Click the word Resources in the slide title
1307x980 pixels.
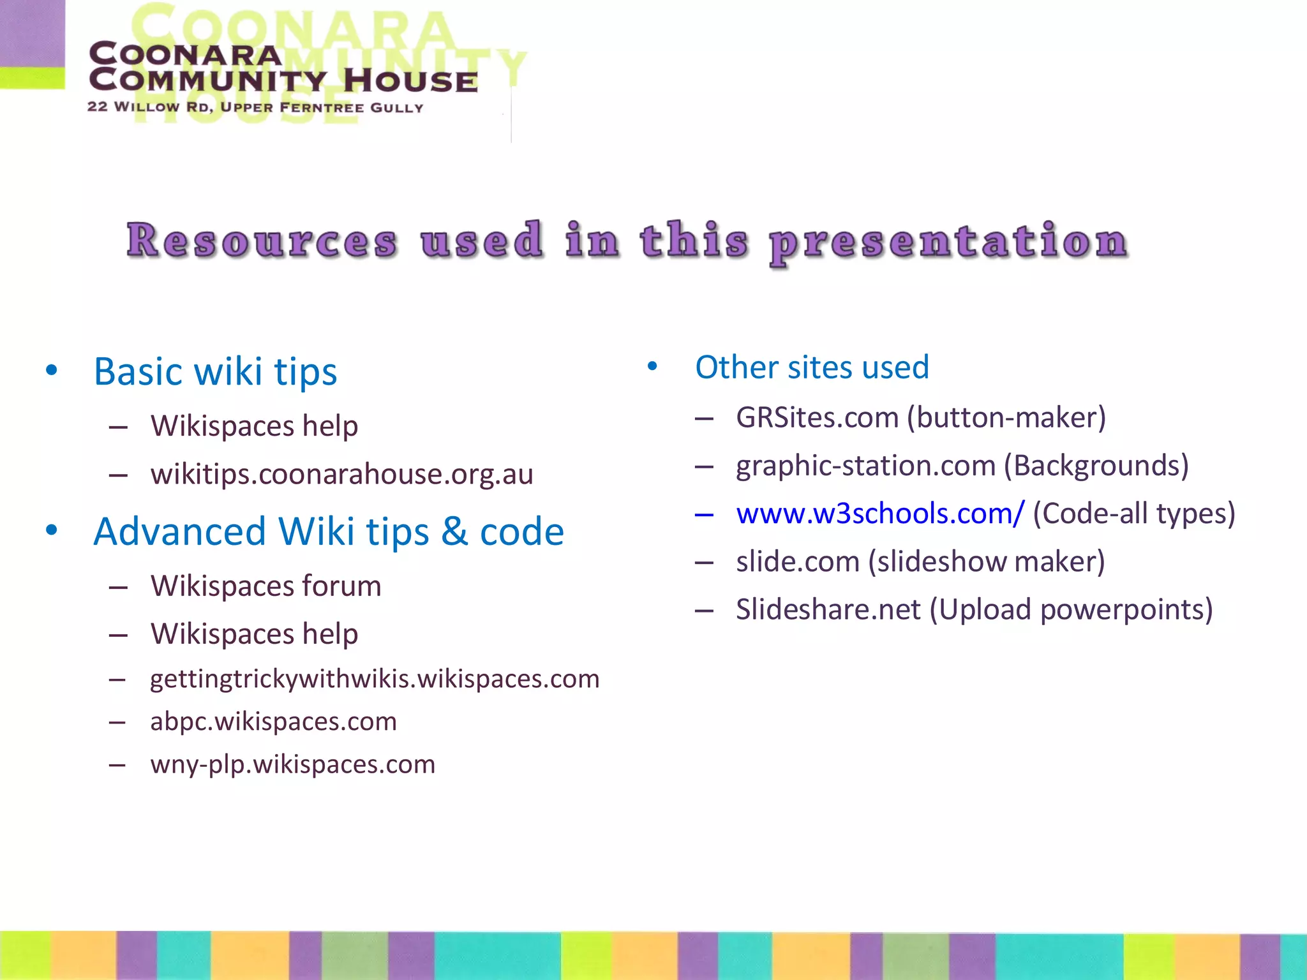point(262,241)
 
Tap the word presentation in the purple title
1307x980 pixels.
point(948,242)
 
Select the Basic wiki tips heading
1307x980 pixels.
point(215,371)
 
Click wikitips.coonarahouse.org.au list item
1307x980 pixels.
point(341,474)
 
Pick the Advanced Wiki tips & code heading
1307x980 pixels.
point(328,531)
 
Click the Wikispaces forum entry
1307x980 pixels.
point(265,586)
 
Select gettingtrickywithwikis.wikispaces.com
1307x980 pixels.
point(375,679)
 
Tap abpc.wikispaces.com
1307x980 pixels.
point(273,722)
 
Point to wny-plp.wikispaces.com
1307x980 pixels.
point(292,764)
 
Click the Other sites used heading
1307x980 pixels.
point(812,367)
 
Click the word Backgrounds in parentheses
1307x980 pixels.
point(1096,466)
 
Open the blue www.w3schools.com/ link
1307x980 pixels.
point(879,514)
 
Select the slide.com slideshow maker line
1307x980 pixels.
point(920,562)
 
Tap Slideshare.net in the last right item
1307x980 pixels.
point(828,610)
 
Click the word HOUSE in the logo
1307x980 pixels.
point(410,82)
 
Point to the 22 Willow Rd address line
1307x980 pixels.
point(255,107)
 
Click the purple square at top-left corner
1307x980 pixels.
point(32,32)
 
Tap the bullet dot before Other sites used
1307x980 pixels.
point(652,366)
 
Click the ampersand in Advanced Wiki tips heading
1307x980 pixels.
point(454,531)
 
